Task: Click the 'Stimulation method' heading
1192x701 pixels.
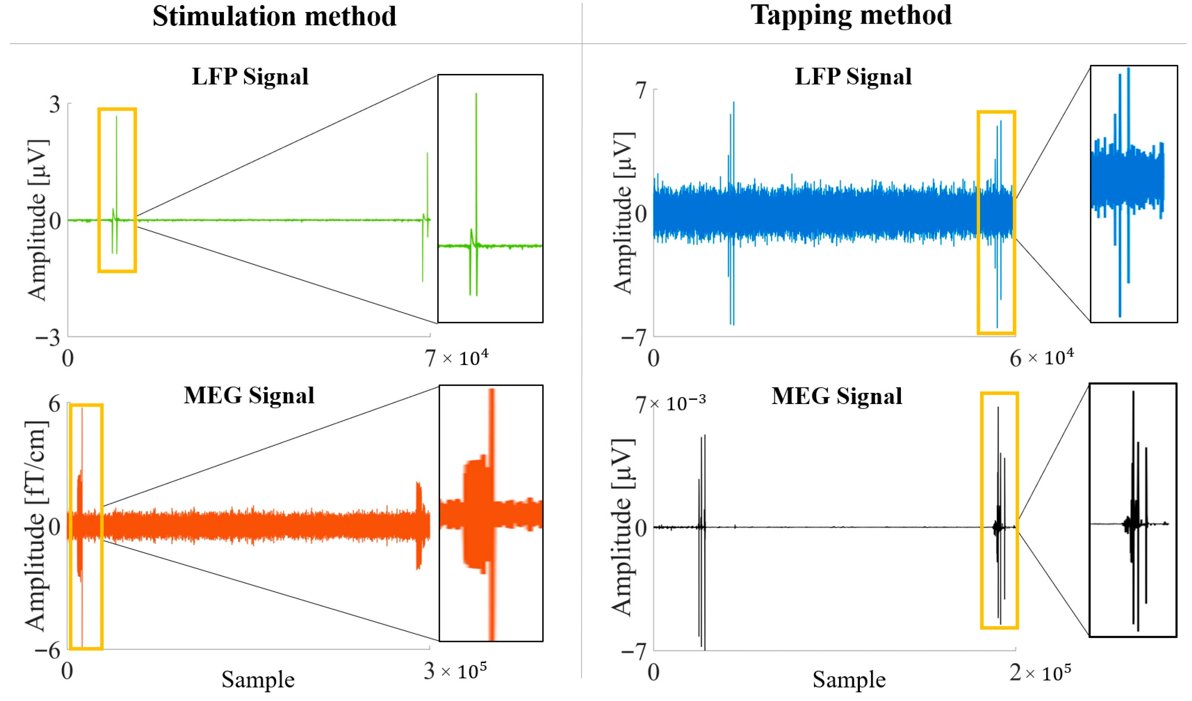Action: (274, 16)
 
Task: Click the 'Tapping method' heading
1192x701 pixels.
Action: (850, 15)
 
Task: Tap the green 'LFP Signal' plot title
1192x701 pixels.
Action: (250, 77)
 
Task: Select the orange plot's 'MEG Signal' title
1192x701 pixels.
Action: (249, 396)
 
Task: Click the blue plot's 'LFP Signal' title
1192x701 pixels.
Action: (853, 77)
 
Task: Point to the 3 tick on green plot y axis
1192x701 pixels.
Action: (55, 104)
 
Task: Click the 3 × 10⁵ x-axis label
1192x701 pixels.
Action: (455, 671)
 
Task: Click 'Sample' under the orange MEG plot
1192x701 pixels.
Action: (258, 680)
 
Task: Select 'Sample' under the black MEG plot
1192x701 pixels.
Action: (849, 680)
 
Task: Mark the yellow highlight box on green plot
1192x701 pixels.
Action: (117, 190)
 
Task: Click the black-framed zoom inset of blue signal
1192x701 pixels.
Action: (1133, 194)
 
